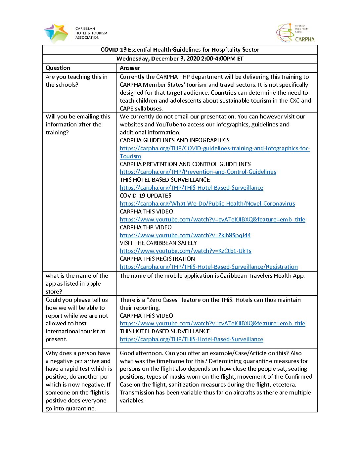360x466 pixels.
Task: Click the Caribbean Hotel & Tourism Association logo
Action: point(76,33)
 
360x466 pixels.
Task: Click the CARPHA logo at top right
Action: point(295,33)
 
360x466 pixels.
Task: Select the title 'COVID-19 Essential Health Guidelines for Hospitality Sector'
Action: point(180,50)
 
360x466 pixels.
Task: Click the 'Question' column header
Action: point(58,68)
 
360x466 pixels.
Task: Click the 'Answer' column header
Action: point(130,68)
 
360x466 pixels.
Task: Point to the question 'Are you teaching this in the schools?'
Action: point(76,81)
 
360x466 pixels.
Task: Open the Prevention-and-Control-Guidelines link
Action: point(198,172)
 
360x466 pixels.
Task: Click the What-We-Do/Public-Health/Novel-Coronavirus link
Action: point(207,204)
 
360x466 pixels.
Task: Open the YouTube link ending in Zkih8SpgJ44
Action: point(185,235)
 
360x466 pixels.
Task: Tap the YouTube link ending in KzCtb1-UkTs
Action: point(185,251)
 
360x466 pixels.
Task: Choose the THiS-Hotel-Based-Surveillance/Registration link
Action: point(208,267)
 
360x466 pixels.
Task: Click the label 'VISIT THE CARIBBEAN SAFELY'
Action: point(158,243)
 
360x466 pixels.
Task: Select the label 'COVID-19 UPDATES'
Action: point(146,196)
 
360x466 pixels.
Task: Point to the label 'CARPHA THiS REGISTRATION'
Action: point(157,259)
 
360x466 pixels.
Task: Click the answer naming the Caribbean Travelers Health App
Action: point(212,276)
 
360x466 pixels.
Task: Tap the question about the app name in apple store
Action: point(77,284)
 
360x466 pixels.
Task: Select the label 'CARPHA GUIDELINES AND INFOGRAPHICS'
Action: point(174,140)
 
